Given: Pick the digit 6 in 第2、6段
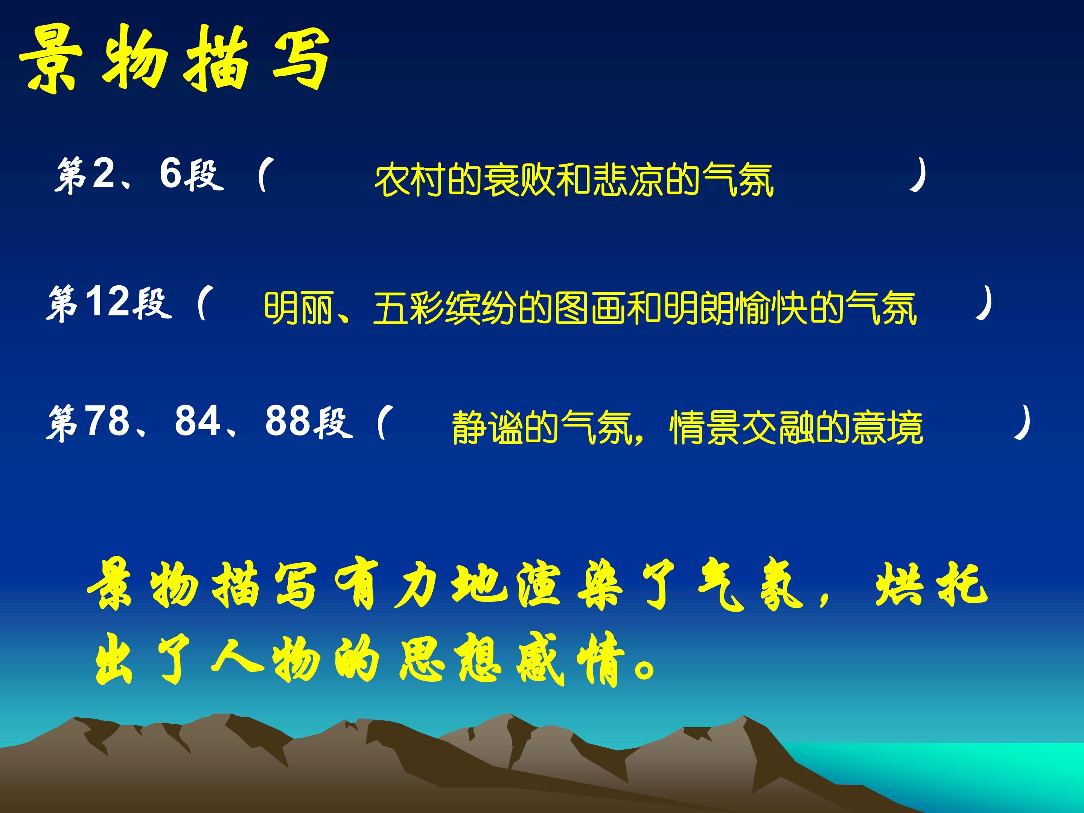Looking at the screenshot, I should pyautogui.click(x=171, y=174).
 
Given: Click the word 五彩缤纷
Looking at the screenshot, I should pyautogui.click(x=445, y=309).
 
